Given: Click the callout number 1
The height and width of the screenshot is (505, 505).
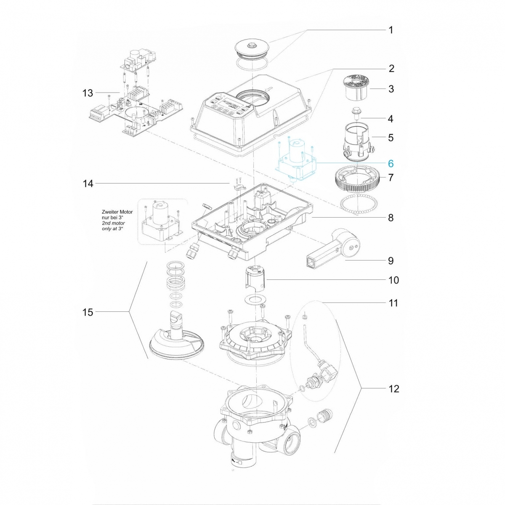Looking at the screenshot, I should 391,30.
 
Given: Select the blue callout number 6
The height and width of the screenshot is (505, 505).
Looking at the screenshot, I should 390,163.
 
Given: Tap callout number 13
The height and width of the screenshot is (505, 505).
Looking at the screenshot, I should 88,93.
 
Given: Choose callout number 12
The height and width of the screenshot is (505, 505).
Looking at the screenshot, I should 393,388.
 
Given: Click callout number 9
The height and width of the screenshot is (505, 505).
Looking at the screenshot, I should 391,261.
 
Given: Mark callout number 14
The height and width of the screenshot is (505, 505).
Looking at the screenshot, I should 88,183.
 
